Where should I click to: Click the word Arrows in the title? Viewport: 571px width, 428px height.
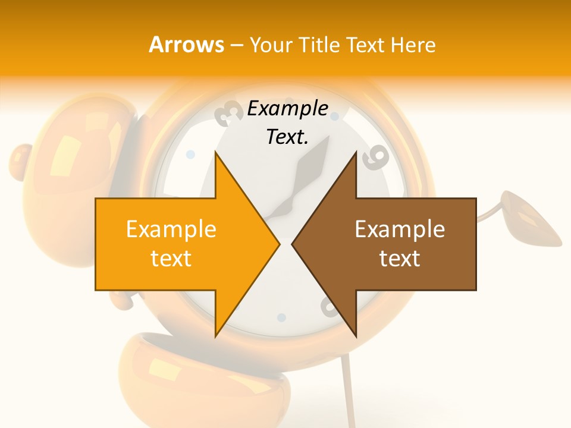click(x=186, y=45)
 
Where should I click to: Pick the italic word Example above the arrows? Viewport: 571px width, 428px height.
click(x=287, y=109)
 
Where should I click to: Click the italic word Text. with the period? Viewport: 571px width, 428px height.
click(x=287, y=137)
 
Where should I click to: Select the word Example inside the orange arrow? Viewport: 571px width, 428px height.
click(x=171, y=229)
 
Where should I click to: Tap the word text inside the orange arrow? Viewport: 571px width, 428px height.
click(x=171, y=259)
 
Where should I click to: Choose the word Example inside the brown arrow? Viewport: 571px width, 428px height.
click(x=400, y=229)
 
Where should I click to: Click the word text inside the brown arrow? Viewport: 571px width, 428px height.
click(x=400, y=259)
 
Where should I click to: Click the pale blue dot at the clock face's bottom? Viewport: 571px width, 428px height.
click(x=282, y=317)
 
